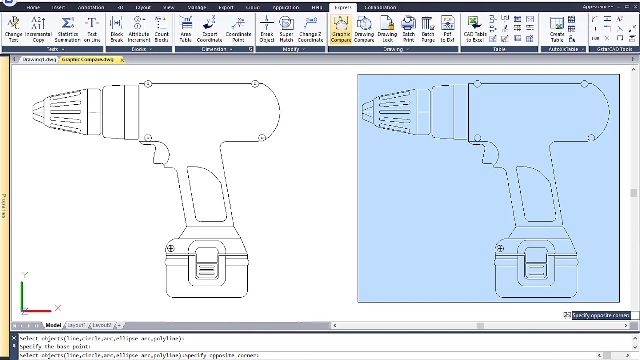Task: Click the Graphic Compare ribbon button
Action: pos(341,30)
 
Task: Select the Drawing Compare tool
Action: pos(364,30)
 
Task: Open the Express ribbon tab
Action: pos(343,7)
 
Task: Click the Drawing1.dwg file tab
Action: pos(39,60)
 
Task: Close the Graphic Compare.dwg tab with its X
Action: pos(122,60)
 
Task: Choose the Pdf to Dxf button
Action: pos(447,30)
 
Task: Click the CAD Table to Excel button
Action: pos(475,30)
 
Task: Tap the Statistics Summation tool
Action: pos(67,30)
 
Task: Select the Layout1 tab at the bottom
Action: pos(76,325)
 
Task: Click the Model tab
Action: pos(53,325)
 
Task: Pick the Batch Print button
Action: pos(408,30)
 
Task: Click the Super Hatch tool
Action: pos(286,30)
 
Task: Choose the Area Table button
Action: pos(185,30)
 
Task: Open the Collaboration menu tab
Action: pos(380,7)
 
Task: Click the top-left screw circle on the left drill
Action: pos(148,84)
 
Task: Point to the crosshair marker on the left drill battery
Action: pos(171,248)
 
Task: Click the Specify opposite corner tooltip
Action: pos(600,315)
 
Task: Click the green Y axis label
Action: pos(25,275)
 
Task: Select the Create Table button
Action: pos(557,30)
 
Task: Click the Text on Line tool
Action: pos(92,30)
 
